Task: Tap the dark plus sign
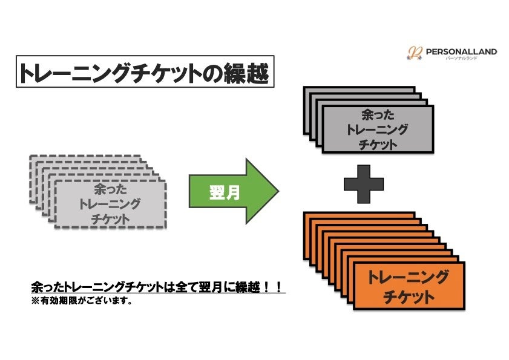pos(364,183)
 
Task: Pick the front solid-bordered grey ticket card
pos(378,129)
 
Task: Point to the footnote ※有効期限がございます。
pos(82,300)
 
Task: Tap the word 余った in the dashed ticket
pos(110,189)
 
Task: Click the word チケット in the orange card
pos(409,298)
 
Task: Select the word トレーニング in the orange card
pos(409,278)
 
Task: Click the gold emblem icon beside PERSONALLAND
pos(414,54)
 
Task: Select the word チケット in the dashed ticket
pos(110,220)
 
